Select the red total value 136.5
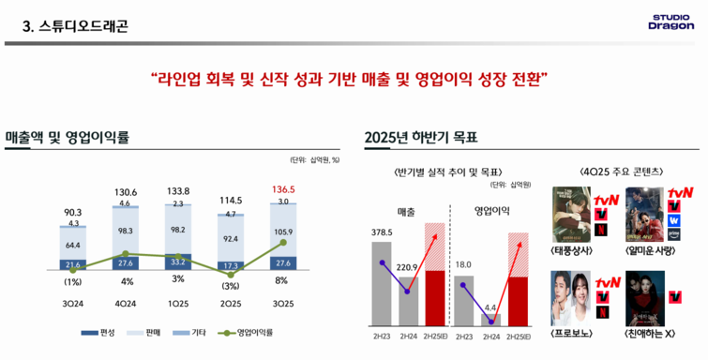[282, 188]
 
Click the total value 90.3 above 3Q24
[72, 212]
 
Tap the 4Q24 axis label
[125, 303]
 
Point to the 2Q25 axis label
[230, 303]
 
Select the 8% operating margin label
[282, 281]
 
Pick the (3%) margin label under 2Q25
[230, 285]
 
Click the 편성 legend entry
[98, 333]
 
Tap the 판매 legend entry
[144, 333]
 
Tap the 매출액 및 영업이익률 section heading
[67, 138]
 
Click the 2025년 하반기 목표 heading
[421, 138]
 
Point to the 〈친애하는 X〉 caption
[655, 332]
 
